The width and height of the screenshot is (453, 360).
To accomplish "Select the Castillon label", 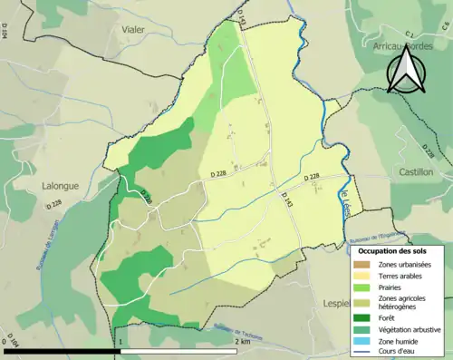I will coord(416,171).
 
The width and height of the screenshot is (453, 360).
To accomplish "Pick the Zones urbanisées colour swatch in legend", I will coord(364,264).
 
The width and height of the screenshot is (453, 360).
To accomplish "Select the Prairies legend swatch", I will coord(364,287).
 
